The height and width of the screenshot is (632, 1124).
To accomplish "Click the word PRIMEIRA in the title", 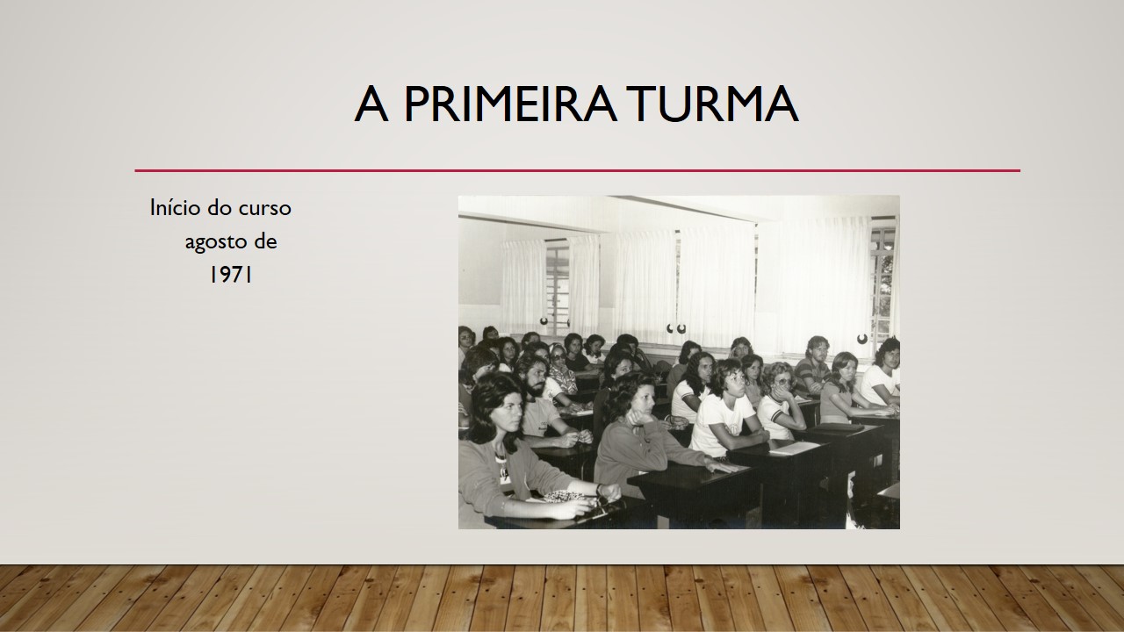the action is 510,104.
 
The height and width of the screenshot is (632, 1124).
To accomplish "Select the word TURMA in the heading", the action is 715,104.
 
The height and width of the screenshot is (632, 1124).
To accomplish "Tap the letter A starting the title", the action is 371,104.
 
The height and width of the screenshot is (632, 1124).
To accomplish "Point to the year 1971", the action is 230,275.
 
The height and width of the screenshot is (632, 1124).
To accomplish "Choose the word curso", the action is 264,208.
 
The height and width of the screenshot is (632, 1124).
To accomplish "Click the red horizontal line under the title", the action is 577,170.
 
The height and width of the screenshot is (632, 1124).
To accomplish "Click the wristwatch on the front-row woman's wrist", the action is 599,489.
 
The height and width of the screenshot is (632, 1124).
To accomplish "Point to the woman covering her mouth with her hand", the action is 782,401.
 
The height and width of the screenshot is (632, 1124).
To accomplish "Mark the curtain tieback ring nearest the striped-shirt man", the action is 862,339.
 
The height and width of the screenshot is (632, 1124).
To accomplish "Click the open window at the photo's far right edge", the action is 884,281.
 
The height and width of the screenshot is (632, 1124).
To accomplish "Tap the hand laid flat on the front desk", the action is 722,468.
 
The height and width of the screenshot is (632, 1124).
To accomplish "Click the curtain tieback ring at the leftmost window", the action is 544,321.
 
